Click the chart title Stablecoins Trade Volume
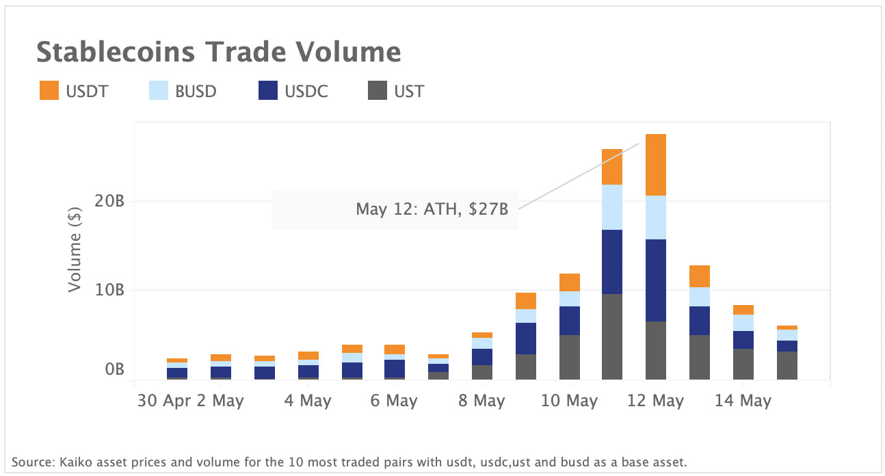[x=218, y=52]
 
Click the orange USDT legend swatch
[x=49, y=91]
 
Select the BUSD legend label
[x=196, y=91]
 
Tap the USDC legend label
[x=306, y=91]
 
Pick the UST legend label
[x=409, y=91]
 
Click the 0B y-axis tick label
[x=114, y=370]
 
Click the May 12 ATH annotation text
[x=432, y=209]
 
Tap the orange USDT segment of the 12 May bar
[x=656, y=165]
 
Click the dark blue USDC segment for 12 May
[x=656, y=280]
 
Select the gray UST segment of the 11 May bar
[x=612, y=336]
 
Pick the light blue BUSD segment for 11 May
[x=612, y=207]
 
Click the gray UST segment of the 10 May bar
[x=569, y=357]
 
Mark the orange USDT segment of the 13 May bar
[x=700, y=276]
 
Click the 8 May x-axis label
[x=481, y=401]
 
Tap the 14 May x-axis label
[x=743, y=401]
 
